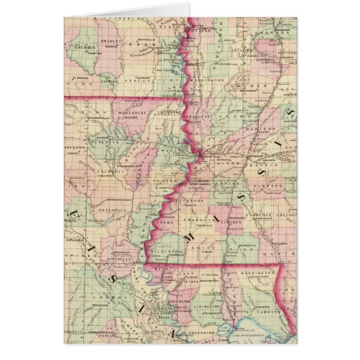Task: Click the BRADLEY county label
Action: (x=112, y=41)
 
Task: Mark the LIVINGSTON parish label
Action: (x=206, y=307)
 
